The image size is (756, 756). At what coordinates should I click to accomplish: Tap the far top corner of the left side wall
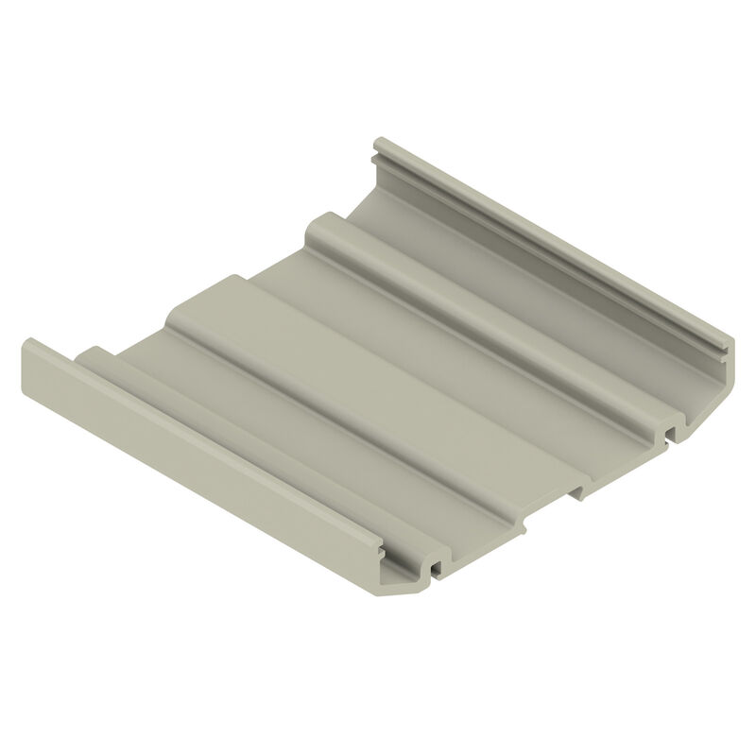[x=28, y=343]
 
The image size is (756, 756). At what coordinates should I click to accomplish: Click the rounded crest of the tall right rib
[x=491, y=317]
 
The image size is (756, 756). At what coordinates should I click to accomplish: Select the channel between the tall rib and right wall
[x=529, y=283]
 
